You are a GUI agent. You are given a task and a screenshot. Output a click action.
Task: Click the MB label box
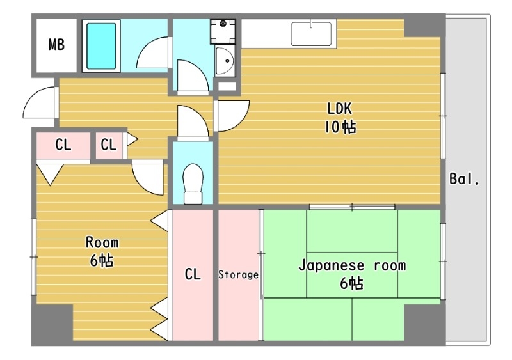tap(56, 45)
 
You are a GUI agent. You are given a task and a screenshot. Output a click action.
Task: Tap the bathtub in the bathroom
tap(102, 45)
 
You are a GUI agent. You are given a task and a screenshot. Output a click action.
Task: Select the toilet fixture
tap(192, 182)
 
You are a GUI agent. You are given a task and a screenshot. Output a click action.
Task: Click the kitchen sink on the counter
tap(312, 34)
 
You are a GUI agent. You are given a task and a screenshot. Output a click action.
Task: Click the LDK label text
tap(340, 107)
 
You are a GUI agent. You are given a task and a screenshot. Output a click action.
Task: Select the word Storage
tap(238, 275)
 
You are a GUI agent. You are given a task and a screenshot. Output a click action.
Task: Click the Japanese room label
tap(351, 265)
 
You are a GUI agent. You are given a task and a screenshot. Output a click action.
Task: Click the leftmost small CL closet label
tap(63, 145)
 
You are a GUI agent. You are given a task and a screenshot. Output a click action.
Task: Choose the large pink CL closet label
tap(193, 275)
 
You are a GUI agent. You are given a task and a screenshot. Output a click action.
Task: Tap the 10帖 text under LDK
tap(340, 127)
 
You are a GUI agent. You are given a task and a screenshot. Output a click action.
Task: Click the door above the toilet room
tap(192, 121)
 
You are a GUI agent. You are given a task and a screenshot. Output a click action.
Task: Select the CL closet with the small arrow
tap(109, 145)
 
